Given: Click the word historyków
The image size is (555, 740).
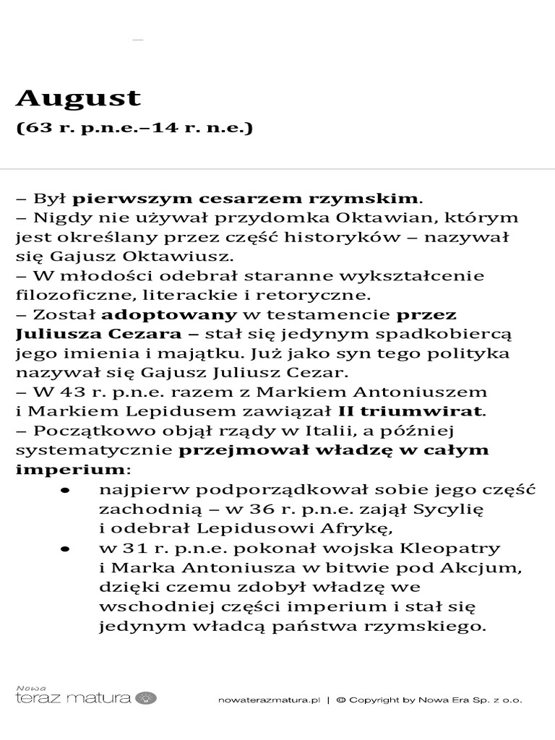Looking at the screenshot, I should pyautogui.click(x=371, y=237).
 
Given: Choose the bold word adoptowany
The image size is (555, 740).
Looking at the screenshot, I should pyautogui.click(x=169, y=314).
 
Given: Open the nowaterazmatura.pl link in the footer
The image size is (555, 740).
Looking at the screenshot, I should pyautogui.click(x=268, y=700).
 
